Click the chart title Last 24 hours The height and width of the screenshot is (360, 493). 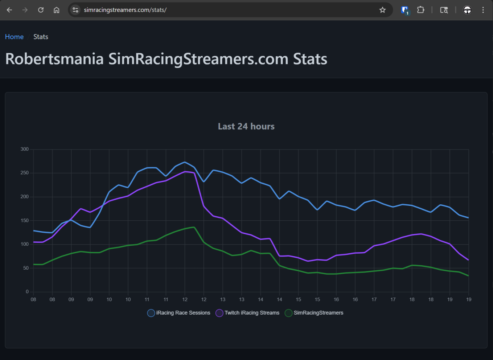[x=246, y=126]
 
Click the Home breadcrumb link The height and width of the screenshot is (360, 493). [x=14, y=37]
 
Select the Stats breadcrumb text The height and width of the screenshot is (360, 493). [x=41, y=37]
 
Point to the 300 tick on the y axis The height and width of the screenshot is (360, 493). [x=25, y=149]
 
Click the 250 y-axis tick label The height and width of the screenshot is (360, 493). [x=25, y=173]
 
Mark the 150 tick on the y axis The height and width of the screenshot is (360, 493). [x=25, y=221]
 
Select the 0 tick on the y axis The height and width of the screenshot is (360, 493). [x=27, y=292]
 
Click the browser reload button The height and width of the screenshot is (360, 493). [x=41, y=10]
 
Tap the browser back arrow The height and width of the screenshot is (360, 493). [x=9, y=10]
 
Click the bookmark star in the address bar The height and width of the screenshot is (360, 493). [x=382, y=10]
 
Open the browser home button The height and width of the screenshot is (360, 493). [x=57, y=10]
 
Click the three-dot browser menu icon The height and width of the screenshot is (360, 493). [x=483, y=10]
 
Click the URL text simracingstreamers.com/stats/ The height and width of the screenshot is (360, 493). [x=125, y=10]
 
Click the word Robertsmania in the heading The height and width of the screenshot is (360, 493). [x=54, y=59]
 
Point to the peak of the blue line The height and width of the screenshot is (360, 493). [x=185, y=162]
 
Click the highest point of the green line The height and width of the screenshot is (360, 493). [x=194, y=227]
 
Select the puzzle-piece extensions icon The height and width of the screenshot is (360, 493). [x=420, y=10]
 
